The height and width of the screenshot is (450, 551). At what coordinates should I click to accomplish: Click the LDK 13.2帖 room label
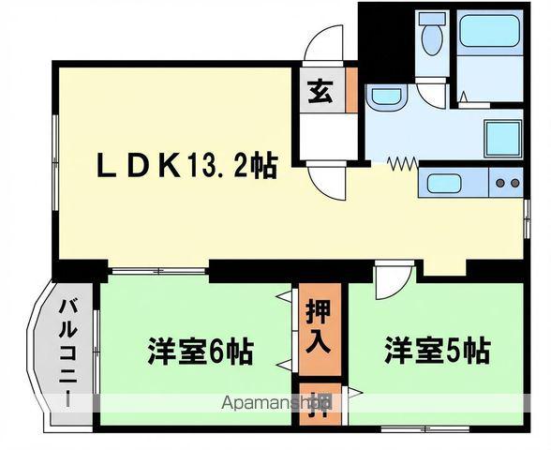click(x=187, y=167)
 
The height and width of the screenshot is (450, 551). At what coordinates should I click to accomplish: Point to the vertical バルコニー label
click(x=67, y=351)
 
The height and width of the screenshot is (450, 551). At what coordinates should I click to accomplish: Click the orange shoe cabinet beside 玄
click(x=351, y=89)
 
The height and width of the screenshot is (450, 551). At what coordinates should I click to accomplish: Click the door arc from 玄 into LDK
click(x=328, y=183)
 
